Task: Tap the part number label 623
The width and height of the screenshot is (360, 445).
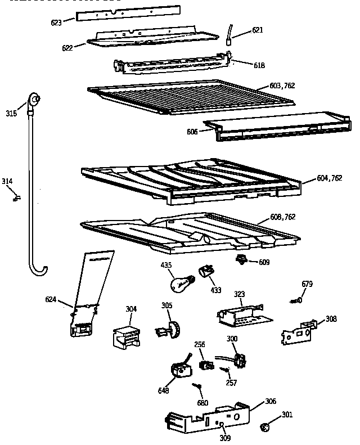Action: tap(56, 23)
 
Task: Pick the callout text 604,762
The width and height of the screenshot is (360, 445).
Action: tap(329, 178)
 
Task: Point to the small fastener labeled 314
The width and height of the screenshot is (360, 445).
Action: tap(16, 197)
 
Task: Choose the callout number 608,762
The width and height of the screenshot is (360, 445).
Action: tap(282, 217)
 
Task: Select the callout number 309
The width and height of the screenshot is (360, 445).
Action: tap(225, 438)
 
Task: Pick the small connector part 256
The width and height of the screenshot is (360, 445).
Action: tap(206, 364)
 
